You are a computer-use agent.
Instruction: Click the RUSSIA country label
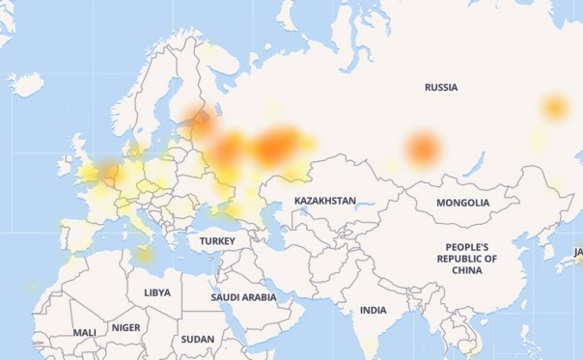coord(440,88)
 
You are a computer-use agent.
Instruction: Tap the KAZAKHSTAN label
coord(325,201)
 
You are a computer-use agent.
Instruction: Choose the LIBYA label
coord(156,291)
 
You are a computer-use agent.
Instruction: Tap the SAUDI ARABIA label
coord(243,297)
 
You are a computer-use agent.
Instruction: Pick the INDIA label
coord(373,310)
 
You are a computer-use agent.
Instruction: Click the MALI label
coord(84,332)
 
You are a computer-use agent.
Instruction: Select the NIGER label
coord(125,327)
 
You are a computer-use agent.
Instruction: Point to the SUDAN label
coord(197,339)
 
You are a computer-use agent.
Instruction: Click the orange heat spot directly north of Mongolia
coord(422,149)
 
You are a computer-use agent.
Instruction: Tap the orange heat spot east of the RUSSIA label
coord(554,107)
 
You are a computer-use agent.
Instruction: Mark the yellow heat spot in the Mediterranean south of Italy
coord(144,255)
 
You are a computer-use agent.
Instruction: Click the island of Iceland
coord(26,85)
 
